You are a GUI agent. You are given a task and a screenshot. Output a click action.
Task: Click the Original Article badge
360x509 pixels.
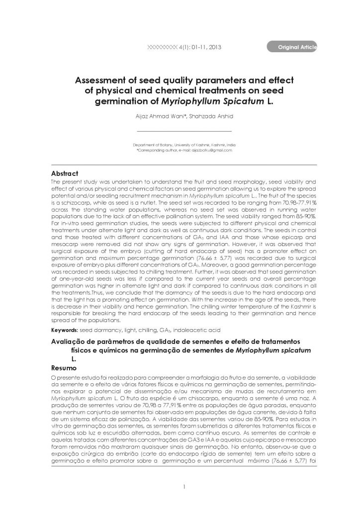click(294, 47)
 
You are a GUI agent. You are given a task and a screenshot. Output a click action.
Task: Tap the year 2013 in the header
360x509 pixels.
click(212, 48)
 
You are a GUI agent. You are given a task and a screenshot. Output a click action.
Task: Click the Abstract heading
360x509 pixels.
click(65, 173)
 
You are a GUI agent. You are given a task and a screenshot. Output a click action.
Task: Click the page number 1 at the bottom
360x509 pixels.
click(183, 486)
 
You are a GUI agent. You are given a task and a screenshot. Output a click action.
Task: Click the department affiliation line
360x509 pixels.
click(180, 143)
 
